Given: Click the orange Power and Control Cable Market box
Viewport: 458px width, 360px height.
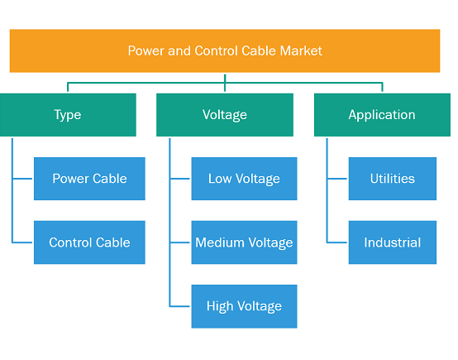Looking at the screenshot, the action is click(x=225, y=50).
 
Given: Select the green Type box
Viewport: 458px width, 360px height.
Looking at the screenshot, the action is click(x=68, y=115).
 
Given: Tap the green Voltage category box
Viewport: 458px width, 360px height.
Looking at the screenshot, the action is click(x=225, y=115).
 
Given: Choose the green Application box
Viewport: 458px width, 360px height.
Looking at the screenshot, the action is click(x=382, y=115).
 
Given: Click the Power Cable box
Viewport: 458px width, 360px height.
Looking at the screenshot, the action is click(x=89, y=179).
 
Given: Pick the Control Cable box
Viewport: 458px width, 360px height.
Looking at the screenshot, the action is click(x=89, y=242).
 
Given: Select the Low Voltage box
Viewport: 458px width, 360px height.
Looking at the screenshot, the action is click(x=244, y=179).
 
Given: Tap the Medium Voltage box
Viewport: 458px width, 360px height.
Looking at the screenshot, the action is click(x=244, y=242).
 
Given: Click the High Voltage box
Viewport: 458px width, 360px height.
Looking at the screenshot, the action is click(x=244, y=306).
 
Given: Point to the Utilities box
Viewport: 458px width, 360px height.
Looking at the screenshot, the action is click(x=393, y=179).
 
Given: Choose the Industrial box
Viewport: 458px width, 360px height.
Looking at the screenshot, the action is click(x=393, y=242).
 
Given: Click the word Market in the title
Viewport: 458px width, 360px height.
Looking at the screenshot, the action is click(x=301, y=50).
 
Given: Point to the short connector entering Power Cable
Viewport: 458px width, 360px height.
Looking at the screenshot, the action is click(x=22, y=179).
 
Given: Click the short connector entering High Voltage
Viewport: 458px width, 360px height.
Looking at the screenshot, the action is click(x=180, y=306).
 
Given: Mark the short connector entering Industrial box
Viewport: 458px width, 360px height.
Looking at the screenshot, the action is click(x=337, y=242).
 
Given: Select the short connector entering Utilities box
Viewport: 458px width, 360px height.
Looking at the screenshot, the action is click(x=337, y=179).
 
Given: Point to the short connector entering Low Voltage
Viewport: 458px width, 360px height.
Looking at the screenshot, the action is click(x=180, y=179).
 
